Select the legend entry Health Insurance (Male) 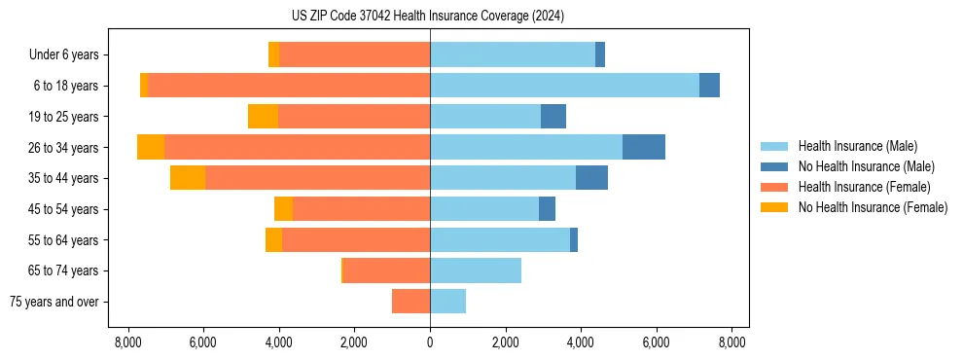point(857,146)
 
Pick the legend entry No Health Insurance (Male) point(866,166)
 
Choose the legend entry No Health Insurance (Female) point(872,207)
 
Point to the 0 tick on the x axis point(430,342)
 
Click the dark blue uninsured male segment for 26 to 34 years point(644,147)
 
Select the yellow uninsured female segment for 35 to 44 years point(188,178)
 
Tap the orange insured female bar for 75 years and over point(410,302)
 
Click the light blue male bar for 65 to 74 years point(476,270)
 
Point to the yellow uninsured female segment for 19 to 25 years point(263,117)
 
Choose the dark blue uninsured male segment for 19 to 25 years point(553,117)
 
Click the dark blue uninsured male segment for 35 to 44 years point(591,178)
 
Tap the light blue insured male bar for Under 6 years point(513,54)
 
